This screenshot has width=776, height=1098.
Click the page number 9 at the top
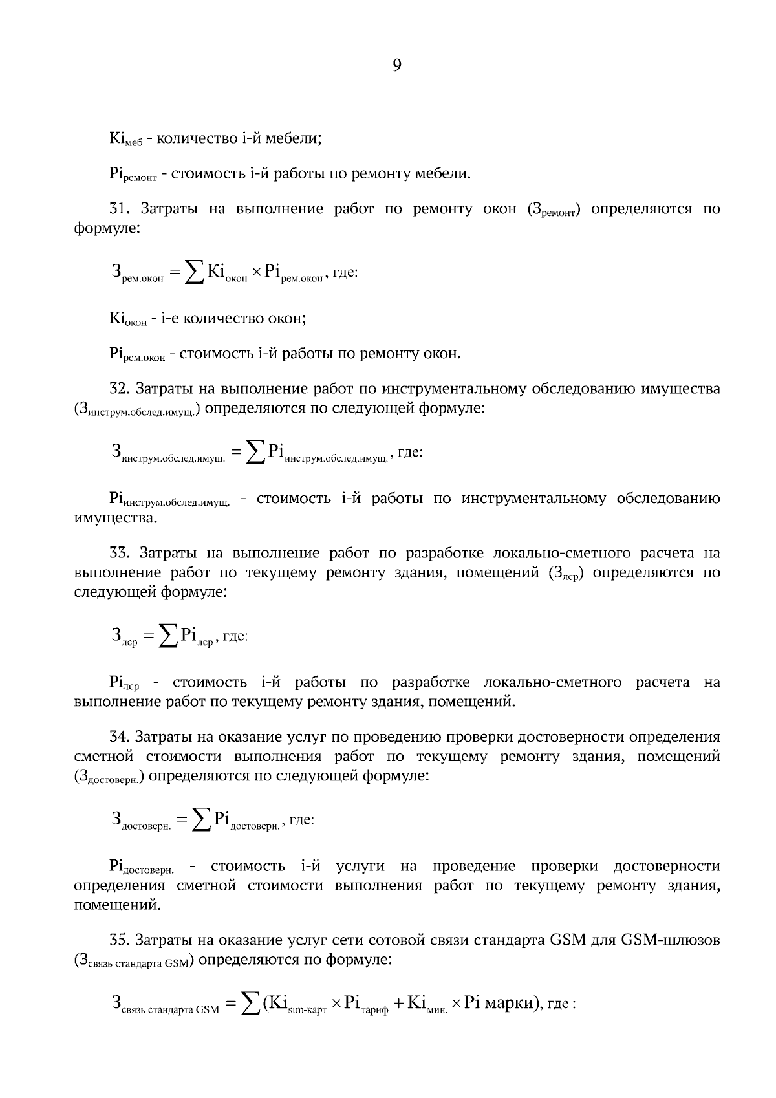[397, 65]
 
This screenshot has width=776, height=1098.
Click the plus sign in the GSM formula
[398, 1004]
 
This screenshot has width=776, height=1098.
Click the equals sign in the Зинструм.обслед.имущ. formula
[235, 453]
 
